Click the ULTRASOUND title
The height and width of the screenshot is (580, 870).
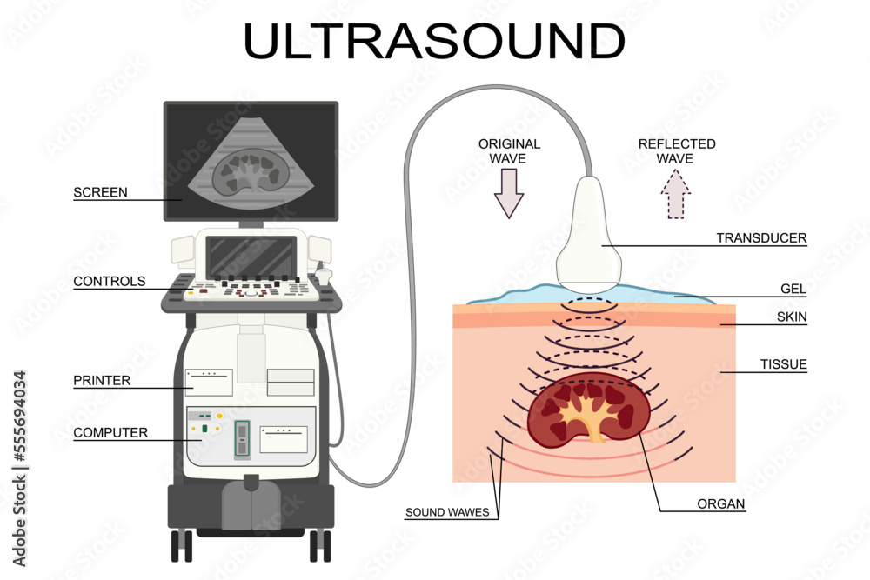point(434,41)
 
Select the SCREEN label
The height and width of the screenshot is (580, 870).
point(100,193)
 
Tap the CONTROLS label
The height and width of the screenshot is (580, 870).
point(110,282)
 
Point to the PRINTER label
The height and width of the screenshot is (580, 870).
point(102,381)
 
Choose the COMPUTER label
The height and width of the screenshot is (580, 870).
point(110,432)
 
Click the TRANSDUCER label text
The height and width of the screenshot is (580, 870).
point(761,237)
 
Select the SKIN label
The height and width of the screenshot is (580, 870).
point(792,317)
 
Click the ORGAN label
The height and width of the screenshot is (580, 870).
point(720,503)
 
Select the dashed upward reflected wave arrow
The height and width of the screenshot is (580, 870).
point(675,194)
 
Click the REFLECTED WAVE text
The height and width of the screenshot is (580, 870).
point(676,151)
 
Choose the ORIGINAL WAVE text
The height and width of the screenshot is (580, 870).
point(509,151)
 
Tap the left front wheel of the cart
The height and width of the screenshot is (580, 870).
point(182,546)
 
